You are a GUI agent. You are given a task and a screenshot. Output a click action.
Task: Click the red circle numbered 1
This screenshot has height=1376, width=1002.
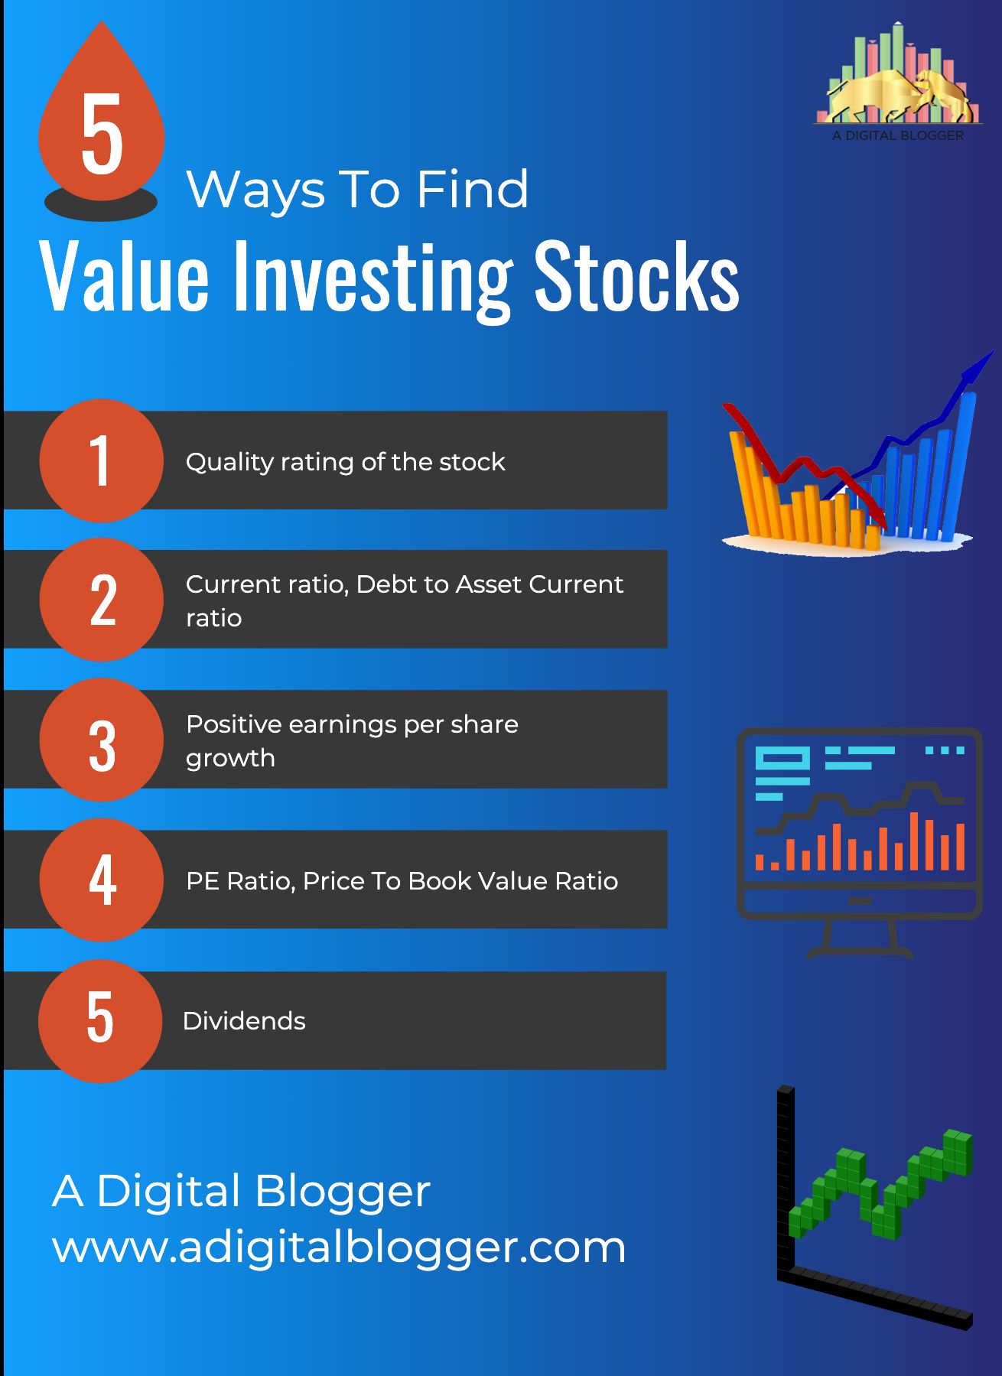tap(101, 460)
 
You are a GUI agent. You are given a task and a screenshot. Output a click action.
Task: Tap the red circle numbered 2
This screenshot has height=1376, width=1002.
tap(101, 600)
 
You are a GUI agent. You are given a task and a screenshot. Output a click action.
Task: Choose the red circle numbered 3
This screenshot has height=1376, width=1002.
tap(101, 740)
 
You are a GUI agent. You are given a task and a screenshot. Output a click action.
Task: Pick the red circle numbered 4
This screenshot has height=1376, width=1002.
tap(101, 880)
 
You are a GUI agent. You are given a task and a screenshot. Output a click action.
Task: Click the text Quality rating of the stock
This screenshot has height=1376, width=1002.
tap(345, 462)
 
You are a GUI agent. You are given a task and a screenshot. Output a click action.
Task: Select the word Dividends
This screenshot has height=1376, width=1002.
tap(244, 1021)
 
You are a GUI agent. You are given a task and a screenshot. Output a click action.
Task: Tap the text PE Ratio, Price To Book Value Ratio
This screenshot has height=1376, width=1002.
tap(402, 881)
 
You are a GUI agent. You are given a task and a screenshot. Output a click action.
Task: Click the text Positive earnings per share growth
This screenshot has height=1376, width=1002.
tap(352, 740)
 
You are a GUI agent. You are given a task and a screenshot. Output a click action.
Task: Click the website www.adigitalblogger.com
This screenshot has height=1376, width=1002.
tap(339, 1248)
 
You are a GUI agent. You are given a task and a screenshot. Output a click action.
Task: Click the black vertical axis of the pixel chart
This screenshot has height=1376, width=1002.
tap(786, 1182)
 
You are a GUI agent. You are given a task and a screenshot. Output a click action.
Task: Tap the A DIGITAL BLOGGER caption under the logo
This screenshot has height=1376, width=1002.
tap(898, 135)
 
